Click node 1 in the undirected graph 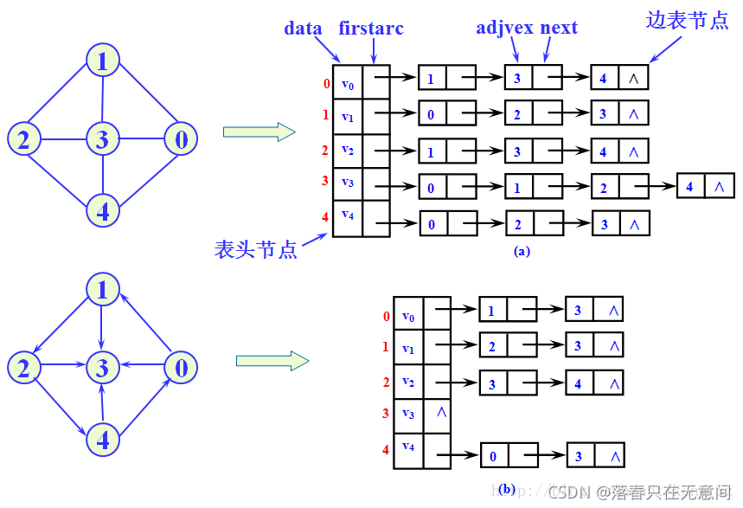pyautogui.click(x=102, y=61)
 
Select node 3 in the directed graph pyautogui.click(x=102, y=368)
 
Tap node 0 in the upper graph pyautogui.click(x=180, y=138)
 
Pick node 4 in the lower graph pyautogui.click(x=102, y=440)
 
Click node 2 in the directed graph pyautogui.click(x=23, y=368)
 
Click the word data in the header pyautogui.click(x=303, y=28)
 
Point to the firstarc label pyautogui.click(x=371, y=28)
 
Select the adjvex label pyautogui.click(x=505, y=28)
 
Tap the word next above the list pyautogui.click(x=559, y=28)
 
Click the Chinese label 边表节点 pyautogui.click(x=687, y=22)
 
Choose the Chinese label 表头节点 pyautogui.click(x=256, y=250)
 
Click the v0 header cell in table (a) pyautogui.click(x=348, y=84)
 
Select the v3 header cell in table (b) pyautogui.click(x=408, y=414)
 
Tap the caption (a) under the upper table pyautogui.click(x=521, y=252)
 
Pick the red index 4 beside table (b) pyautogui.click(x=386, y=449)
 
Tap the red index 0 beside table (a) pyautogui.click(x=326, y=84)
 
